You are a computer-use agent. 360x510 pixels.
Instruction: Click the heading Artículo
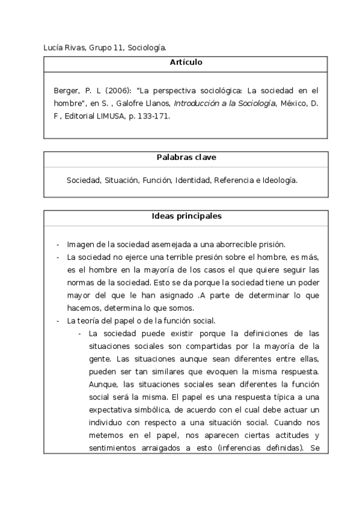[186, 62]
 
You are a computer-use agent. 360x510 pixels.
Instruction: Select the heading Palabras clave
[186, 158]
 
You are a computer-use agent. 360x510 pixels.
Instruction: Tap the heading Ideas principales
[186, 216]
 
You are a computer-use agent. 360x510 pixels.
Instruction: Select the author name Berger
[66, 91]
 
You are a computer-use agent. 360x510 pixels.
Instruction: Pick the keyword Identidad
[193, 180]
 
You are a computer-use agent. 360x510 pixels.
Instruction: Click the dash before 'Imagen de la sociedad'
[58, 244]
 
